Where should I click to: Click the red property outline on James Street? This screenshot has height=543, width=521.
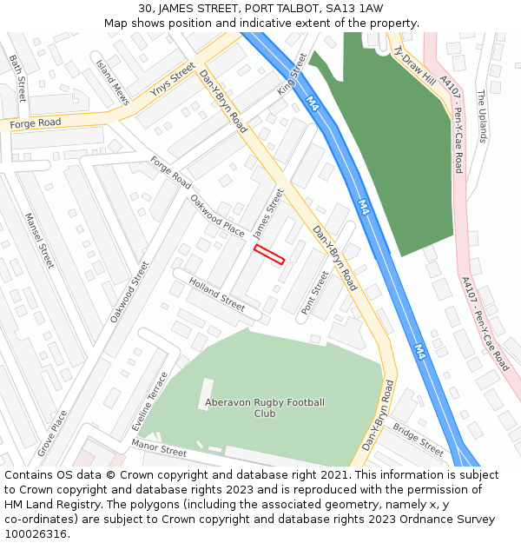tap(269, 255)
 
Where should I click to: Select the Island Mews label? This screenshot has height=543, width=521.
tap(113, 83)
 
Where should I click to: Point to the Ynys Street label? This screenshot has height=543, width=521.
tap(172, 79)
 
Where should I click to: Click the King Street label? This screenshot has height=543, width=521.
tap(293, 74)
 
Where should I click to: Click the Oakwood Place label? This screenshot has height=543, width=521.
tap(217, 215)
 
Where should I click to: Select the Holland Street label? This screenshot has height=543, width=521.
tap(217, 294)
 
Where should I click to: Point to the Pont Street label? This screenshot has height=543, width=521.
tap(314, 293)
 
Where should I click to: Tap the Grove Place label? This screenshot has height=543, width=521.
tap(51, 434)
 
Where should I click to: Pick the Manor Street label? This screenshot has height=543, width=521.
tap(159, 448)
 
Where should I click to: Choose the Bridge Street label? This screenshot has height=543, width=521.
tap(418, 439)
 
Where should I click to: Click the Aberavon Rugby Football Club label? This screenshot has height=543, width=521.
tap(265, 407)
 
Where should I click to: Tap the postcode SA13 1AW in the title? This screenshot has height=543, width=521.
tap(358, 9)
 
